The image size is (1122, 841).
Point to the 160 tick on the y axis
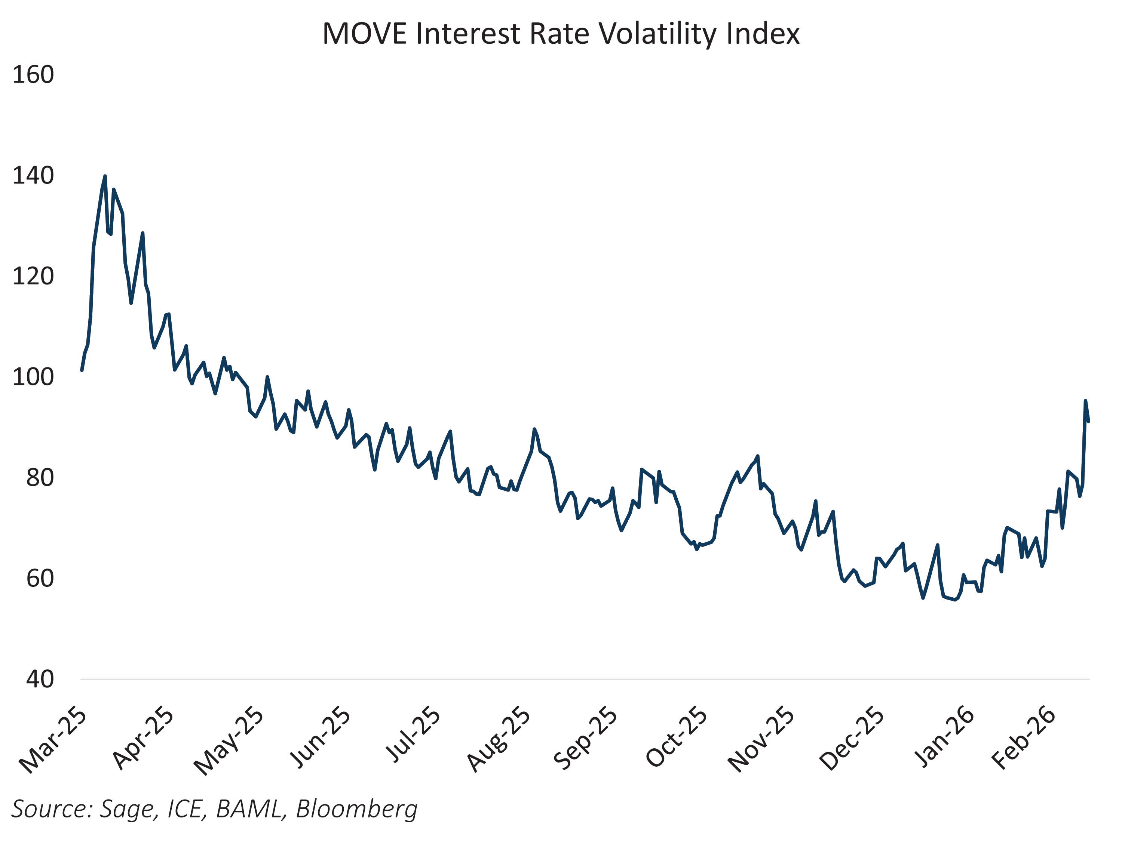coord(33,75)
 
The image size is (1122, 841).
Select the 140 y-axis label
coord(33,176)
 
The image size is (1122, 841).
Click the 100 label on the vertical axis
coord(33,377)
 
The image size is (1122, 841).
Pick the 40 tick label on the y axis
coord(40,679)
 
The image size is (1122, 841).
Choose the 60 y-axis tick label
coord(40,578)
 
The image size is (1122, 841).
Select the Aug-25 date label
coord(498,740)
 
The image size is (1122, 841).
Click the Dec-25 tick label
coord(852,740)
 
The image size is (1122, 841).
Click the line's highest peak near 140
coord(105,176)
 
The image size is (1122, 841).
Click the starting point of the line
coord(82,370)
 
